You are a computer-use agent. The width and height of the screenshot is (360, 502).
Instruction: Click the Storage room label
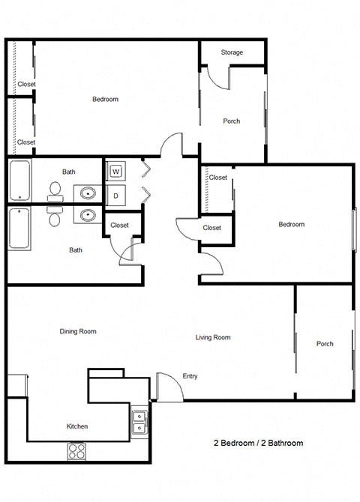tap(232, 52)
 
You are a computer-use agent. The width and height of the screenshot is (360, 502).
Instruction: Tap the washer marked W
tap(115, 172)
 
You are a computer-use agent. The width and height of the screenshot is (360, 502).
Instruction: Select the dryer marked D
tap(115, 196)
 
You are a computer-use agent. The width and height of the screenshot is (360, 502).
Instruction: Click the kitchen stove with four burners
tap(77, 450)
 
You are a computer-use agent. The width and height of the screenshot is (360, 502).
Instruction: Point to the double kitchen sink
tap(139, 423)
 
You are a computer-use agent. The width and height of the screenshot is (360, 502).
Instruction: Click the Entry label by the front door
tap(190, 376)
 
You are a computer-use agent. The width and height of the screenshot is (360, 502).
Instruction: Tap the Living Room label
tap(213, 337)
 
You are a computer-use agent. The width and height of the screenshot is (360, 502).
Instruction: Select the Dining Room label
tap(78, 331)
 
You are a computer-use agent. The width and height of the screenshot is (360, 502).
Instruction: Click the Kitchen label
tap(77, 426)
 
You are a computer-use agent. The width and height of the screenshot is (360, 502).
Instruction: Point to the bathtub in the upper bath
tap(19, 181)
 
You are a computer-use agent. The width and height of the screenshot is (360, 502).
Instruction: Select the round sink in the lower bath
tap(88, 216)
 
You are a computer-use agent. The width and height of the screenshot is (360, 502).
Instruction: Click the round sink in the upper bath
tap(88, 190)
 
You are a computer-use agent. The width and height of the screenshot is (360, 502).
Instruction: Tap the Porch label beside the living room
tap(325, 344)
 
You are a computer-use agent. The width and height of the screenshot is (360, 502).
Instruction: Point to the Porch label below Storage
tap(232, 121)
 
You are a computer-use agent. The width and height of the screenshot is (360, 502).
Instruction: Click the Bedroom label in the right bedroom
tap(292, 225)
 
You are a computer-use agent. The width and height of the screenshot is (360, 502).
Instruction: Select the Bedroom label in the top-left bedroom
tap(105, 100)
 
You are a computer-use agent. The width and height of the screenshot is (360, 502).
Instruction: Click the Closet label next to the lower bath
tap(119, 225)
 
